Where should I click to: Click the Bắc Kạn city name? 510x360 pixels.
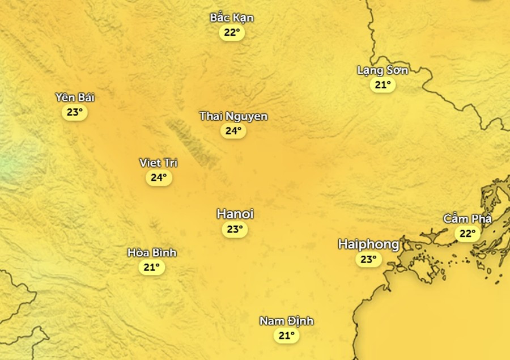[232, 18]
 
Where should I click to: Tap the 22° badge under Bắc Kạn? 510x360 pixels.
[232, 32]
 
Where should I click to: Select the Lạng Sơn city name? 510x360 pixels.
[382, 70]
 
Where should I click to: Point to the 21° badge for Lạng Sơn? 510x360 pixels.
[382, 85]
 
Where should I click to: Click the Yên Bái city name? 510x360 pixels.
[75, 98]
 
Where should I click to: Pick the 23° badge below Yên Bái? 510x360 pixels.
[75, 112]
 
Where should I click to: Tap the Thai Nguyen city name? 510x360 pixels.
[233, 116]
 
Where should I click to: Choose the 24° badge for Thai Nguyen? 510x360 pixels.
[233, 131]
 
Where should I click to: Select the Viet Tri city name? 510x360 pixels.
[159, 163]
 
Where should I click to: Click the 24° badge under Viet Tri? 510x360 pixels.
[159, 177]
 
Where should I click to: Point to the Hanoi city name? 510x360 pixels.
[235, 214]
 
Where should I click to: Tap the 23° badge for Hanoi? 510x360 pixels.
[235, 229]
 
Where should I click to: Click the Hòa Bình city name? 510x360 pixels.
[152, 252]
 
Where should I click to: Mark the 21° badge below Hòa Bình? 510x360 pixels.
[152, 267]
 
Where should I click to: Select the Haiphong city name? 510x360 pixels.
[368, 244]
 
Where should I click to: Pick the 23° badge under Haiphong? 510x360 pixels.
[368, 260]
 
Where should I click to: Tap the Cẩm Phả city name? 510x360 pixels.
[467, 219]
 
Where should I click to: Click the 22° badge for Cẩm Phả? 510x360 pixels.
[467, 234]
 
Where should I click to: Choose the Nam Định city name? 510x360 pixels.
[287, 321]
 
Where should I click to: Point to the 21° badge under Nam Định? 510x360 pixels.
[287, 336]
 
